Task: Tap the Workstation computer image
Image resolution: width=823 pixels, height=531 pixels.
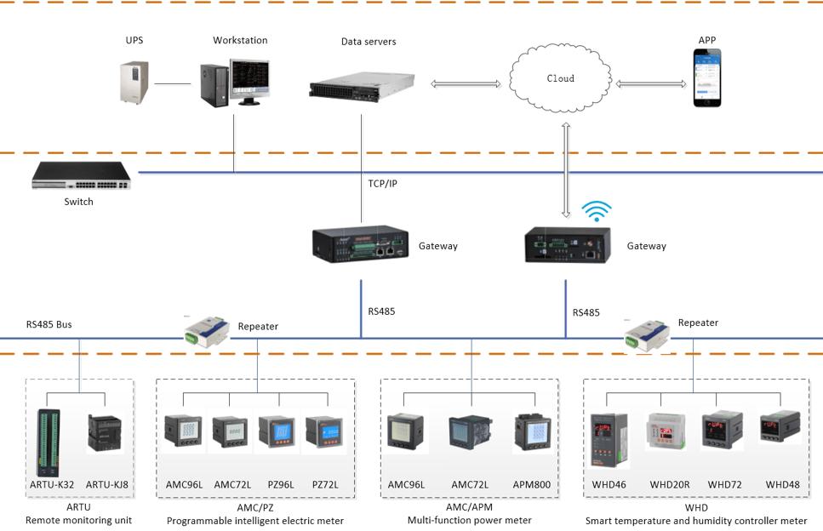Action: coord(235,83)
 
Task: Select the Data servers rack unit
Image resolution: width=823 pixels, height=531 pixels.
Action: coord(362,84)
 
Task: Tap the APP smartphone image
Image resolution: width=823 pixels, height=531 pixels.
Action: coord(706,77)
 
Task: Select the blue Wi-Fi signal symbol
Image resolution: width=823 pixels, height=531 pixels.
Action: coord(596,211)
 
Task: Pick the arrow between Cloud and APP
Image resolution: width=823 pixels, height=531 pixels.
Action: coord(651,83)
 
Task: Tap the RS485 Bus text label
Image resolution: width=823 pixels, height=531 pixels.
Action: coord(49,324)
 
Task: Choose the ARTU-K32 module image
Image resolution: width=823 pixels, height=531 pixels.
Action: coord(48,442)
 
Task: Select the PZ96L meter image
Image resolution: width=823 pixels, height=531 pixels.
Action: coord(277,433)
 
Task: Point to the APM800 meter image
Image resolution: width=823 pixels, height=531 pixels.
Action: coord(533,433)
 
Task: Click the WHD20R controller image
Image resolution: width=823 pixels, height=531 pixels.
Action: coord(667,433)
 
